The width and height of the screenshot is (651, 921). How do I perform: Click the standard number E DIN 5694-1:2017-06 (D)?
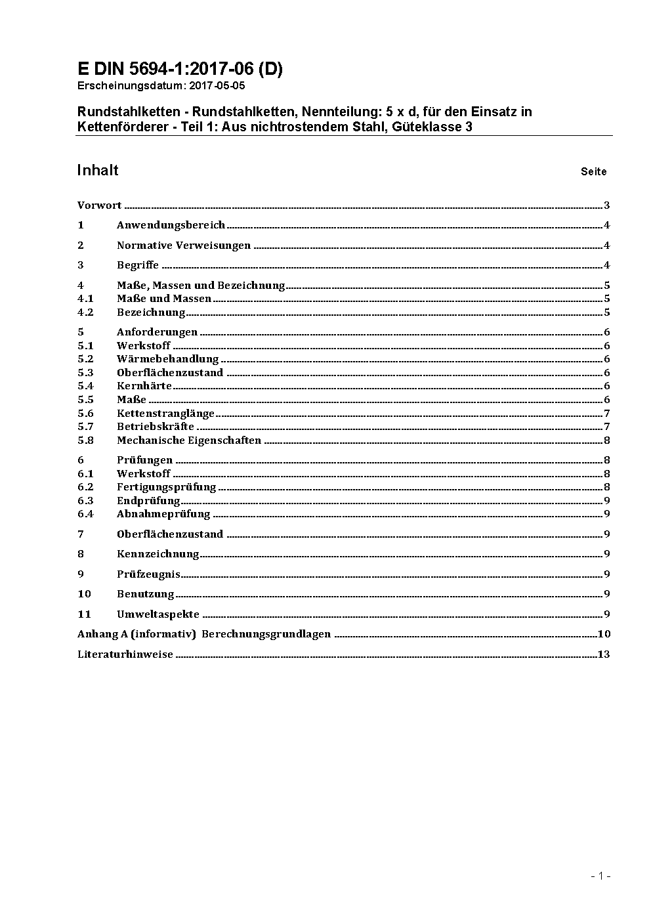(180, 69)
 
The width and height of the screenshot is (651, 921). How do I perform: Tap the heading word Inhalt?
(98, 171)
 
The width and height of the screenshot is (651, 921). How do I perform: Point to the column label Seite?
(593, 171)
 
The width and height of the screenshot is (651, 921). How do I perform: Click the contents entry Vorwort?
(99, 205)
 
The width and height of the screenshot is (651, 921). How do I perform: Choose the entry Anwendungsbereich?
(171, 225)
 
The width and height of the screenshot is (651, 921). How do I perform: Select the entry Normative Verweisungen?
(184, 246)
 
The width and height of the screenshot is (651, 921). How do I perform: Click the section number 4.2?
(85, 312)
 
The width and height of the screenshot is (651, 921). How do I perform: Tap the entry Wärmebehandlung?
(167, 359)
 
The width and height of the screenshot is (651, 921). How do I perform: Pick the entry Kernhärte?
(144, 386)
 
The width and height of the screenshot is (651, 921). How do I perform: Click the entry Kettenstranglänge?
(165, 414)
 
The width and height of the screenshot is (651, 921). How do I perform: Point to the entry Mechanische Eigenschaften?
(189, 440)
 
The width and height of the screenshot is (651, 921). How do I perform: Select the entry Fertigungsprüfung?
(166, 487)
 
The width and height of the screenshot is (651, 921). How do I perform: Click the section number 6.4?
(85, 514)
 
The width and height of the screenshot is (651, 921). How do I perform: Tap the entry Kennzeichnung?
(157, 554)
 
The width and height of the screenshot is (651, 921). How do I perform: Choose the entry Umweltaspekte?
(157, 614)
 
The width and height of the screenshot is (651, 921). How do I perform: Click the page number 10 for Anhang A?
(604, 634)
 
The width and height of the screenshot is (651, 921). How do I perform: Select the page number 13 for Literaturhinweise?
(604, 654)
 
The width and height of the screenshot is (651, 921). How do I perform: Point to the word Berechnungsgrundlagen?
(266, 634)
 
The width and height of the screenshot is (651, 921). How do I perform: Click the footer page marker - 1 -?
(600, 876)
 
